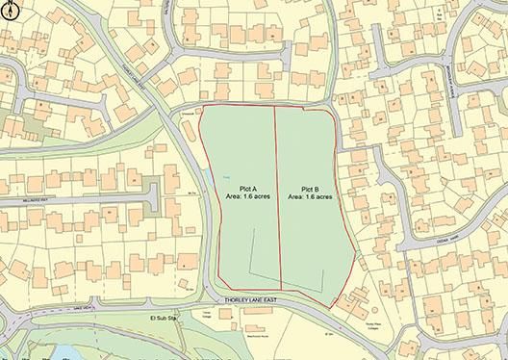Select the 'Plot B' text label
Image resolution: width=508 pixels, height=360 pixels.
pos(312,188)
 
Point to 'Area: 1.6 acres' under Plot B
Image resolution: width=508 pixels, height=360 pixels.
pos(312,196)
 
